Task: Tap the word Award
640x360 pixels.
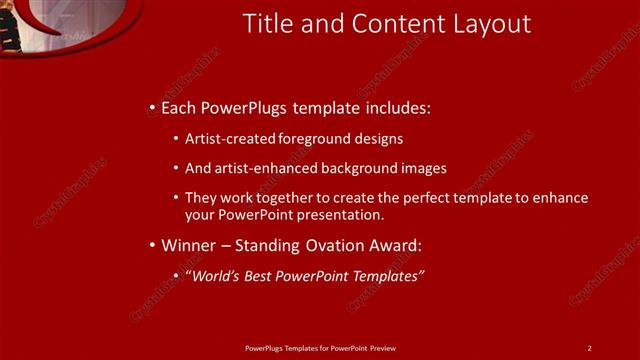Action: [x=396, y=245]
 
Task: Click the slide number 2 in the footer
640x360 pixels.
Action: [x=589, y=347]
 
